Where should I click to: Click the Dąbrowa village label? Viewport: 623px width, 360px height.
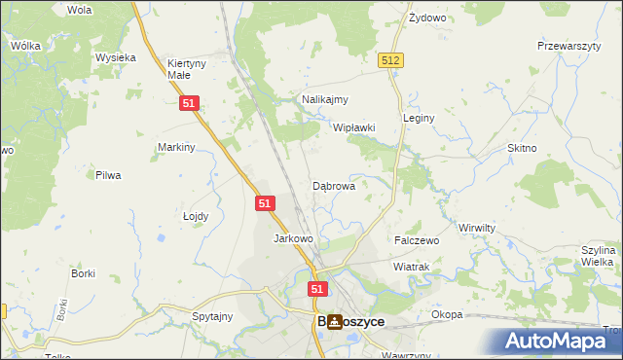(333, 185)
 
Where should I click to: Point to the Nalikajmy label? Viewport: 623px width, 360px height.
(325, 99)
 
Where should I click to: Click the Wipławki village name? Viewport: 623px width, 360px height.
(354, 127)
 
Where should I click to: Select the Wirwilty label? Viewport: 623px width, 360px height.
(477, 226)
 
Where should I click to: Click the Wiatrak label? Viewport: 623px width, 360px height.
(411, 266)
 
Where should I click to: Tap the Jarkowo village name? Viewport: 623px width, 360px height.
(293, 238)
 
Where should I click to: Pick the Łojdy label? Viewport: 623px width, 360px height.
(196, 216)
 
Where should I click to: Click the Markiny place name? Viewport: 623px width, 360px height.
(177, 147)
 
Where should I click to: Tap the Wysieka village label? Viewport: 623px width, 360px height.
(115, 57)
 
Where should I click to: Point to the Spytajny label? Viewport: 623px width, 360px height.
(212, 316)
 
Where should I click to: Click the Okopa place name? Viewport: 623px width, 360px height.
(448, 315)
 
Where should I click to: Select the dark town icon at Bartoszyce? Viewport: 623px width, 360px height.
(335, 321)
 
